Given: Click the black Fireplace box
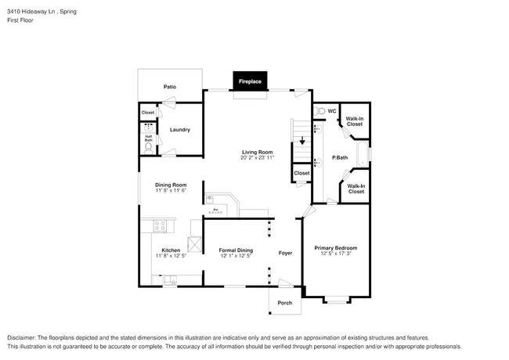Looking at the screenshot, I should [x=250, y=81].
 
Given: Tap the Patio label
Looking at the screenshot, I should [x=169, y=87].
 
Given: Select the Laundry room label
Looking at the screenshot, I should [x=180, y=130].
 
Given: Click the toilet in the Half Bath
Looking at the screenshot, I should [x=148, y=146].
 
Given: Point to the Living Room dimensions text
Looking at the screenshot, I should [x=257, y=157].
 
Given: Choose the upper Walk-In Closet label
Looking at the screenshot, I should [x=355, y=121].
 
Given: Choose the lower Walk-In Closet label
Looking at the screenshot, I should [x=356, y=189].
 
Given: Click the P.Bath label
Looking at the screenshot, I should [x=339, y=157].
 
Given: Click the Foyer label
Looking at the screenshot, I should [x=286, y=254].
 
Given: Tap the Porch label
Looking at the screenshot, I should [x=285, y=302].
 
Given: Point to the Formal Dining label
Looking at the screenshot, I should [x=236, y=250].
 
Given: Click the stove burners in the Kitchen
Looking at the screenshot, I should [x=160, y=226].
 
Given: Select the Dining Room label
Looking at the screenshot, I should [x=171, y=184].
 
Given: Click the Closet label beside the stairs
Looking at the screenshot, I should [x=301, y=173].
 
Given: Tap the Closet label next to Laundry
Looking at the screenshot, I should [x=148, y=113].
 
